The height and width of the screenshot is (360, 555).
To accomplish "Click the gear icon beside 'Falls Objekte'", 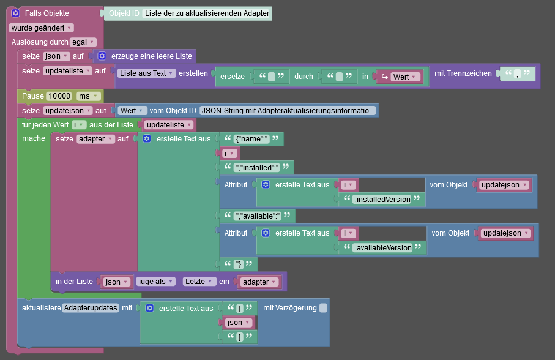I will tap(15, 13).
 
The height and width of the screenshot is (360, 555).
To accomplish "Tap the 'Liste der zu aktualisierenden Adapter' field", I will tap(207, 13).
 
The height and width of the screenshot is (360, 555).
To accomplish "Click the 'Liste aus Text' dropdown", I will tap(146, 73).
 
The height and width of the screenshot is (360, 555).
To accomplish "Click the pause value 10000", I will tap(59, 96).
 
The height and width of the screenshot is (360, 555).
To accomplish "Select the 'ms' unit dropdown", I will tap(87, 96).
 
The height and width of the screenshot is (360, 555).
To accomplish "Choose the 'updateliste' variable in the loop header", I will tap(169, 125).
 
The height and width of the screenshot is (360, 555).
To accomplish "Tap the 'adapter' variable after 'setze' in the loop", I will tap(95, 139).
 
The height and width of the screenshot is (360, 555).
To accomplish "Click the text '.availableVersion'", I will tap(381, 247).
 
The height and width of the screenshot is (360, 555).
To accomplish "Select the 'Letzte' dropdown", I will tap(199, 282).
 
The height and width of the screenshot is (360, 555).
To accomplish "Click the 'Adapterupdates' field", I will tap(91, 308).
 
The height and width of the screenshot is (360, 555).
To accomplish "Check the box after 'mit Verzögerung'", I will tap(323, 308).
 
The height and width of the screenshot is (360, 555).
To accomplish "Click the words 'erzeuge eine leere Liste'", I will tap(151, 56).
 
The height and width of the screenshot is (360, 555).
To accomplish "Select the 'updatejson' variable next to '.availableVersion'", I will tap(505, 233).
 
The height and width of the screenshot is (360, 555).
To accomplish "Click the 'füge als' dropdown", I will tap(155, 282).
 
